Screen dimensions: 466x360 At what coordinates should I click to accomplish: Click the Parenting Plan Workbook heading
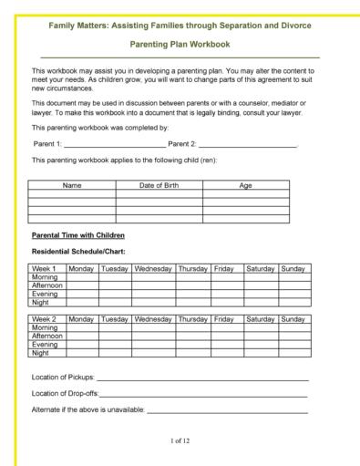tap(180, 43)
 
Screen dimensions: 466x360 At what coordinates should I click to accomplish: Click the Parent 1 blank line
tap(115, 145)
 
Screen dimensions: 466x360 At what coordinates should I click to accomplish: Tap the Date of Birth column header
tap(159, 185)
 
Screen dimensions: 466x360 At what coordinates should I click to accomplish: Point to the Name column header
tap(72, 185)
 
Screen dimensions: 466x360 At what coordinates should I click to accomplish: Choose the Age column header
tap(245, 185)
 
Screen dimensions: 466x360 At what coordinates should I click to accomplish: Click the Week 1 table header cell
tap(45, 269)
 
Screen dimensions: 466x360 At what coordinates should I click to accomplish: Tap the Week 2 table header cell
tap(45, 319)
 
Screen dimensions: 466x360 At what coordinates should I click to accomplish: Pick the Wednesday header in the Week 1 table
tap(153, 269)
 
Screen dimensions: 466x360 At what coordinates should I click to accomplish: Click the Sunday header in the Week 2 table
tap(293, 319)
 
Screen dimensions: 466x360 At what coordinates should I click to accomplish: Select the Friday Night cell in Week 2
tap(227, 353)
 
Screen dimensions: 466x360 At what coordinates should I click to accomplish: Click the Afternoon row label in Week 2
tap(47, 337)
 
